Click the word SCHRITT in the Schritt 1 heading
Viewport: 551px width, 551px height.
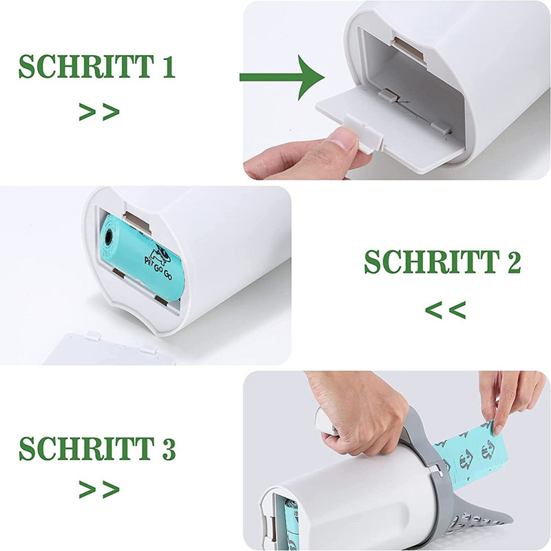86,66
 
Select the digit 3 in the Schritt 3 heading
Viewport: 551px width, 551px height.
169,449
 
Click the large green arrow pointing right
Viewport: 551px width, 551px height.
282,77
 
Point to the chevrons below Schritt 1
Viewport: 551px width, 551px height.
99,112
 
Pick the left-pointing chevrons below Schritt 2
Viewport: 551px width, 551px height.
446,310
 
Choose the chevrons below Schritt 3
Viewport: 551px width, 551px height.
99,490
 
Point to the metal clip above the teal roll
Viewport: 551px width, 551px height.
137,220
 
